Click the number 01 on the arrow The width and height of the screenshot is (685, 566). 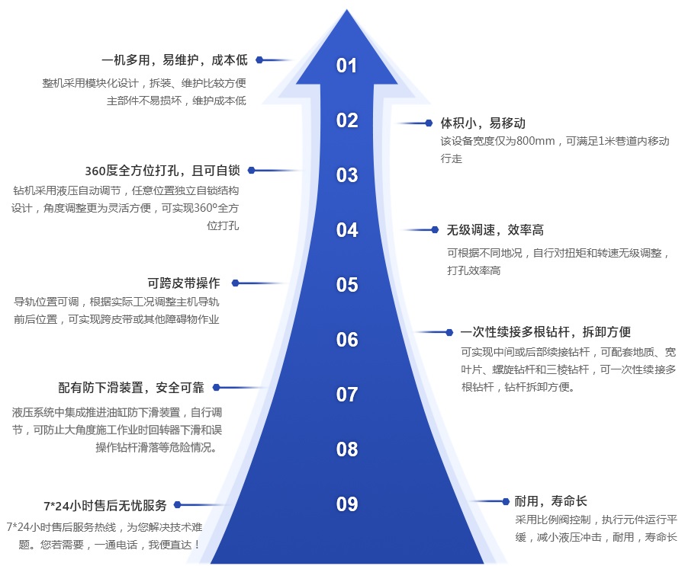[x=347, y=66]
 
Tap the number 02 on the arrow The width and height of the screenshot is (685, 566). [x=347, y=120]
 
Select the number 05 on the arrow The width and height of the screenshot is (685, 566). [x=347, y=285]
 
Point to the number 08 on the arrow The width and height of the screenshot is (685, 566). [x=347, y=449]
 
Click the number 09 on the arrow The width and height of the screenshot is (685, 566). [x=347, y=504]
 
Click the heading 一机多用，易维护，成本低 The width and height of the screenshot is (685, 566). [x=174, y=59]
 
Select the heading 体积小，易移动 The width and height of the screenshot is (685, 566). [x=483, y=123]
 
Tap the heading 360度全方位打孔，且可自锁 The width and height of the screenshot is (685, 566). [x=162, y=171]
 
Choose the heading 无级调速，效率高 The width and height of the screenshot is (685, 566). [x=494, y=229]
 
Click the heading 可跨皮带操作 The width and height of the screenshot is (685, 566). [x=184, y=283]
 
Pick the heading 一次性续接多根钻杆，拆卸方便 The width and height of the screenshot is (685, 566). [x=545, y=332]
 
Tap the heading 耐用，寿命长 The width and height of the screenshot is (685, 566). [x=551, y=501]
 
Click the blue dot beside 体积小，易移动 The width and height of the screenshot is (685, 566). [x=429, y=123]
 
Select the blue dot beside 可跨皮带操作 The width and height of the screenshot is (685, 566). [x=236, y=283]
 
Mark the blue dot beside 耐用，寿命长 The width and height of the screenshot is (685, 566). [x=505, y=501]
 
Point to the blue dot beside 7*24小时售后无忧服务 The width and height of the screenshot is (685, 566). [x=182, y=504]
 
